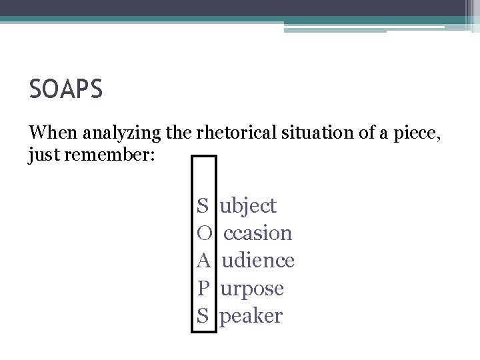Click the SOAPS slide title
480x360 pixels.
click(x=65, y=89)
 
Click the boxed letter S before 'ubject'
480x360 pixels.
click(x=203, y=206)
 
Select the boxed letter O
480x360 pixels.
click(x=204, y=233)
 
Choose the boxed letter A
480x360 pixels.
click(x=204, y=261)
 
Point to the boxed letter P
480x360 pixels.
click(x=203, y=289)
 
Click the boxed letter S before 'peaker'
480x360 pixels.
click(x=203, y=316)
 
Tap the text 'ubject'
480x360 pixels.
click(x=248, y=206)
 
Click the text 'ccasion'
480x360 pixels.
click(x=257, y=233)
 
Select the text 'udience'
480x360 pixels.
click(x=258, y=261)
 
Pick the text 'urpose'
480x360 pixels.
click(x=252, y=289)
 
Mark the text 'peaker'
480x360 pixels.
click(x=251, y=316)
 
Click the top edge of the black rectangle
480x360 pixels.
click(x=204, y=157)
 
